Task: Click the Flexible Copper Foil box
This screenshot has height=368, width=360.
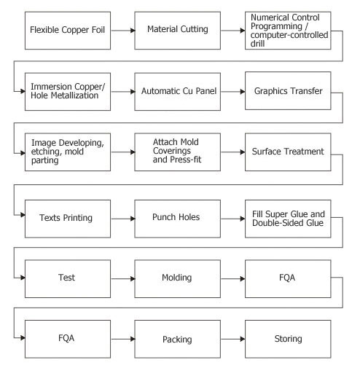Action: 68,31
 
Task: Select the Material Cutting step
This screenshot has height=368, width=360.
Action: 178,31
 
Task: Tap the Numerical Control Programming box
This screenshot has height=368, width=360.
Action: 288,31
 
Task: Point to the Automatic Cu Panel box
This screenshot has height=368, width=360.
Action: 178,92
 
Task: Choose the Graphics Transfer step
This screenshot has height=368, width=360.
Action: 288,90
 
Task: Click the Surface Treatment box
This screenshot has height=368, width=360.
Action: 288,152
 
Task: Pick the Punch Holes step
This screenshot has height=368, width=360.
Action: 178,219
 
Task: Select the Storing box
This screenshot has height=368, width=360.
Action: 288,339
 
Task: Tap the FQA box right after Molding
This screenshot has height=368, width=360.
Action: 288,278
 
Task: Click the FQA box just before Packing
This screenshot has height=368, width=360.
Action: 68,339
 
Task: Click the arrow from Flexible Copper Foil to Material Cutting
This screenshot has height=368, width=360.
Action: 123,31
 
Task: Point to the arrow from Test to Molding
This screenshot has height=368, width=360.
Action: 123,278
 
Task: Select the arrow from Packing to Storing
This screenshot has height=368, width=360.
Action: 233,339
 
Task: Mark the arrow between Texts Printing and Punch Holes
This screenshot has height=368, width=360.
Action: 123,219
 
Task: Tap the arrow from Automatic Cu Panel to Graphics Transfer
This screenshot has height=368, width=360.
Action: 233,92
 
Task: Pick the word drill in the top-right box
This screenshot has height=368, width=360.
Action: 257,44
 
